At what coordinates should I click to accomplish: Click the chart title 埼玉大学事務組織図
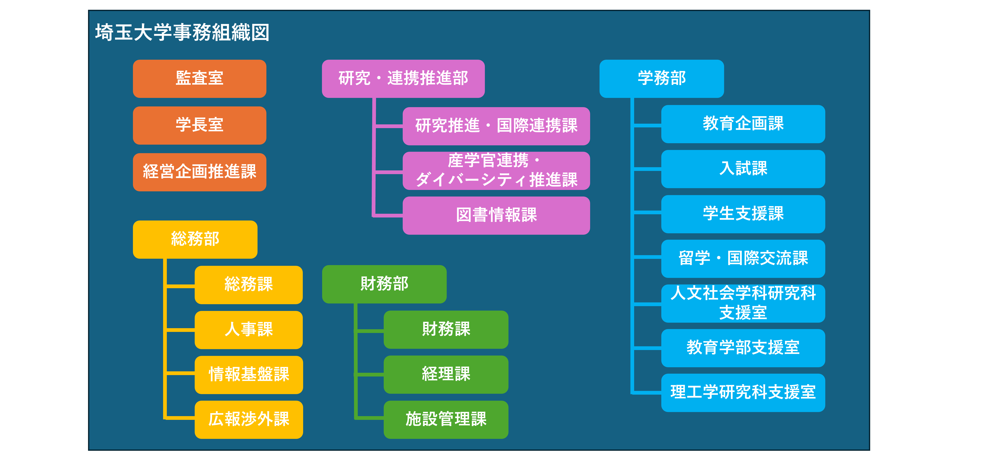[182, 32]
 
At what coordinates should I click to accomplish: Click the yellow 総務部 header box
[195, 239]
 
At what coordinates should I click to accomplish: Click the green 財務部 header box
[384, 284]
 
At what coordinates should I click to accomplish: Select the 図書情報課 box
[496, 215]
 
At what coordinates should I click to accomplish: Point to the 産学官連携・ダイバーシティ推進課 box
[496, 171]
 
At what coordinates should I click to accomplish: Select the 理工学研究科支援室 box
[743, 392]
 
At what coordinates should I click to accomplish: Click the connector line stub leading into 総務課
[180, 286]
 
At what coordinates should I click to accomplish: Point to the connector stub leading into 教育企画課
[648, 125]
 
